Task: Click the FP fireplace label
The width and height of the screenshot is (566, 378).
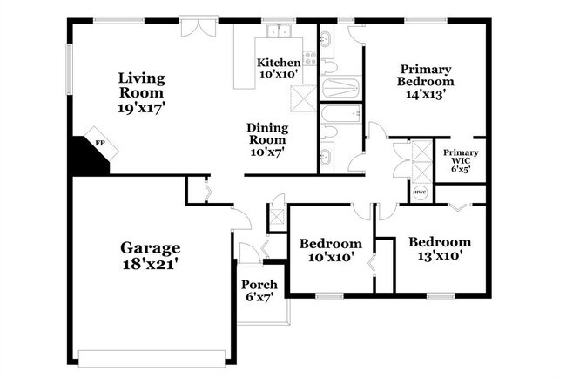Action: (x=100, y=143)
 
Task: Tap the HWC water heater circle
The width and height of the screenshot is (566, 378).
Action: (x=420, y=192)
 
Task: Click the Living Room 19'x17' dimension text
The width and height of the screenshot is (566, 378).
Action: (x=141, y=108)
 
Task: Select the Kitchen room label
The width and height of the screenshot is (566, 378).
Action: (x=279, y=63)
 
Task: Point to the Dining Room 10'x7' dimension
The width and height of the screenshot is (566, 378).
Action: (x=267, y=152)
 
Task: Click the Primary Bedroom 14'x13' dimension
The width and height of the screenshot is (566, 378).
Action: (x=426, y=94)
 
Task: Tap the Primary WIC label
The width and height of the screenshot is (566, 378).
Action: (x=461, y=157)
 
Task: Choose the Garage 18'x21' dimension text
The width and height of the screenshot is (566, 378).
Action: (x=150, y=265)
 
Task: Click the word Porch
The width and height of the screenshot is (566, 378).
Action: (x=259, y=285)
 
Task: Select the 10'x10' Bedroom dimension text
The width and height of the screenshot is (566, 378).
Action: (x=331, y=258)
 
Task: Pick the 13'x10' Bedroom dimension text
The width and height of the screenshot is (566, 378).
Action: (x=440, y=256)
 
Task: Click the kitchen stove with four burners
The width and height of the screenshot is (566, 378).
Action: (x=310, y=59)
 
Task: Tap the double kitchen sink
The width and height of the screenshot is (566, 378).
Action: (x=280, y=31)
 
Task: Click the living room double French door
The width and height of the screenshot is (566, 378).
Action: (x=199, y=27)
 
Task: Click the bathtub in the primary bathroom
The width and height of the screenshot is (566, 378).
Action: (x=340, y=86)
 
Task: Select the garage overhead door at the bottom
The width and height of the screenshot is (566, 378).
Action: (x=152, y=359)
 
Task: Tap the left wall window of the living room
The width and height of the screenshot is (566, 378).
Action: (x=70, y=70)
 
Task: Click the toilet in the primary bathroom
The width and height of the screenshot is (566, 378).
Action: (x=328, y=67)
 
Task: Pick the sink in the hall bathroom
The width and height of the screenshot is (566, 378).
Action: (x=327, y=158)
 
